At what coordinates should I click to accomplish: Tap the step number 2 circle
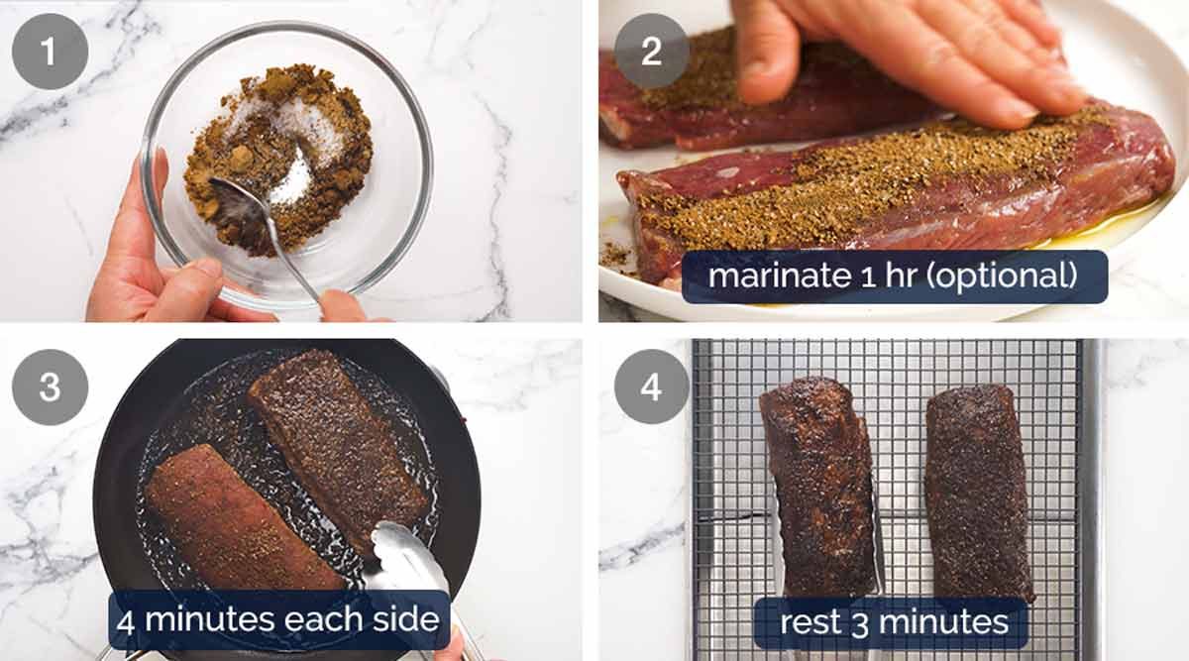[x=651, y=51]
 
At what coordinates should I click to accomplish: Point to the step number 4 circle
[x=651, y=386]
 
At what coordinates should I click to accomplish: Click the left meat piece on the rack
[x=816, y=486]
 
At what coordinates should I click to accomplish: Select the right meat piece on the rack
[x=979, y=491]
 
